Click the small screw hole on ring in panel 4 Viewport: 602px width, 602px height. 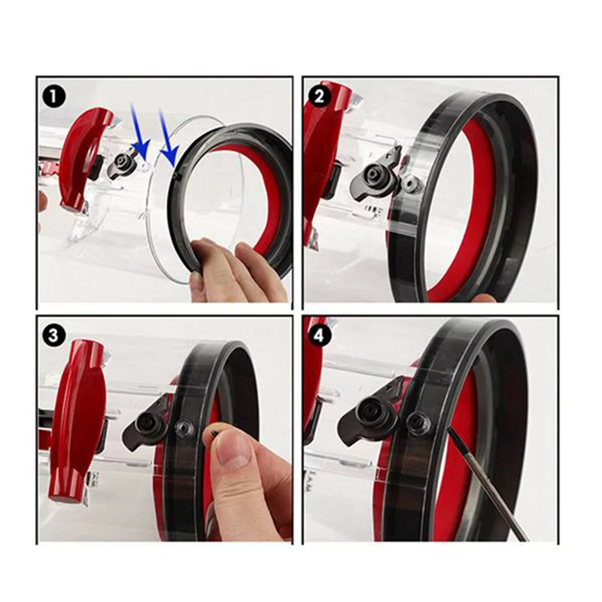(x=415, y=422)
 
